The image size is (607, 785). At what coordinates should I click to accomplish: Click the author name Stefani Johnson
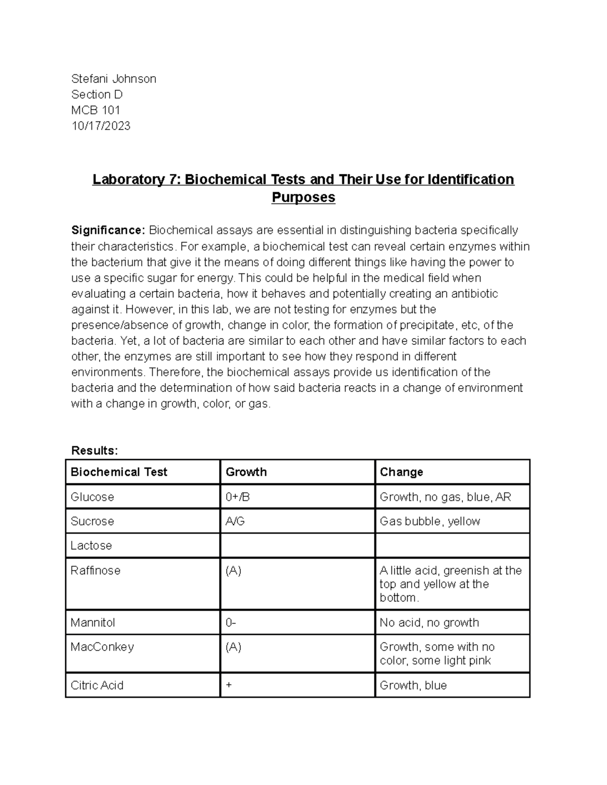click(114, 79)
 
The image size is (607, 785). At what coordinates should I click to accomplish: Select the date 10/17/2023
click(101, 126)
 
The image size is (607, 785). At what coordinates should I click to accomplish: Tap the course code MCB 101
click(96, 110)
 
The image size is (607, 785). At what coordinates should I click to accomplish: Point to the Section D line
click(97, 95)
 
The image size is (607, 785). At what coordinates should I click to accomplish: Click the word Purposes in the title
click(303, 197)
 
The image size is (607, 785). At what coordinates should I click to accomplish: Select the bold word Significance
click(108, 230)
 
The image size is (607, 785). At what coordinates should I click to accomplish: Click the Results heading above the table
click(95, 450)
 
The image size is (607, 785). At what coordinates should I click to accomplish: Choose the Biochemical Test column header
click(119, 472)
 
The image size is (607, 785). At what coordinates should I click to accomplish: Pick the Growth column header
click(246, 472)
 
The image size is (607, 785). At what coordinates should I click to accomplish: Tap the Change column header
click(402, 472)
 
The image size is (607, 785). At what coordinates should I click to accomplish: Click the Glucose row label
click(93, 497)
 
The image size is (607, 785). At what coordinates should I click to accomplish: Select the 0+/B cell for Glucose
click(238, 497)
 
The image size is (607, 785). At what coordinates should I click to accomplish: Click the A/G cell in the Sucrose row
click(235, 521)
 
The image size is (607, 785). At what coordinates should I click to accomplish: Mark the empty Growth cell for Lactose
click(297, 545)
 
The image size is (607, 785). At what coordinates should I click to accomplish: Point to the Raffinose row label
click(96, 571)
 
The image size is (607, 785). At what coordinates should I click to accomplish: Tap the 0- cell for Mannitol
click(231, 623)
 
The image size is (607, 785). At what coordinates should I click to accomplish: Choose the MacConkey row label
click(102, 647)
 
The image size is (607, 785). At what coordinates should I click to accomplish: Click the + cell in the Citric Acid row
click(229, 685)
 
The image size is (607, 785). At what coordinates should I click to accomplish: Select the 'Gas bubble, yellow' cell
click(430, 521)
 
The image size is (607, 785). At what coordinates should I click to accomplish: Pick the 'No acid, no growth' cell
click(429, 623)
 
